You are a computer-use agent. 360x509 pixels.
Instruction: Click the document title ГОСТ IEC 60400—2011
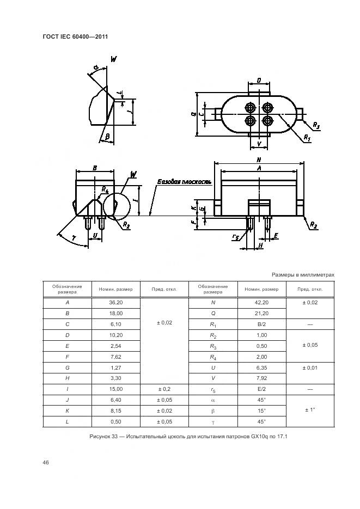75,36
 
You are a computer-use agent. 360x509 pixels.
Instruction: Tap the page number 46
46,462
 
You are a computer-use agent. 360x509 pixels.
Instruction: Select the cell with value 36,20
116,303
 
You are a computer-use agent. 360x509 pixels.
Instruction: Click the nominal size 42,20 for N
261,303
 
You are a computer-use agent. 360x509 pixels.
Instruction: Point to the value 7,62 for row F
116,357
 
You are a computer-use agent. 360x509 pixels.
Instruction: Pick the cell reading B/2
261,324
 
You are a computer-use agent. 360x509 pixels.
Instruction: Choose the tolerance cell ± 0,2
164,389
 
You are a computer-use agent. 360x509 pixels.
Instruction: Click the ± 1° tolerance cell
310,410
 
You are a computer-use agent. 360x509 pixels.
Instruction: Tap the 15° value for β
261,410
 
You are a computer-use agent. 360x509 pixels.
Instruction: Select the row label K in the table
67,410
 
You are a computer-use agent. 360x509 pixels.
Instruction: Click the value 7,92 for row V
261,378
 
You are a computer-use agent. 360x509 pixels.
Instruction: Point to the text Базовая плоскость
185,182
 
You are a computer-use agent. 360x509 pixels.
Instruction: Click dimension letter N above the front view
259,160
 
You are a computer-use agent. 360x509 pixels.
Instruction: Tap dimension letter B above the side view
95,168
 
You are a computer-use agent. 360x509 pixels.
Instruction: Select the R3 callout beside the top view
316,125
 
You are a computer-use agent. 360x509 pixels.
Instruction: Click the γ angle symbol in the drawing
74,238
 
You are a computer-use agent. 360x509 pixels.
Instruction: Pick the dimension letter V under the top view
259,144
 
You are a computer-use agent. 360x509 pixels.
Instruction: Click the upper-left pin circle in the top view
251,107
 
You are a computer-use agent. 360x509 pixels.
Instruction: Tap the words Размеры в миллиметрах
303,275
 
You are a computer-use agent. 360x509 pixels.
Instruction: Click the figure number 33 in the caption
114,437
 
